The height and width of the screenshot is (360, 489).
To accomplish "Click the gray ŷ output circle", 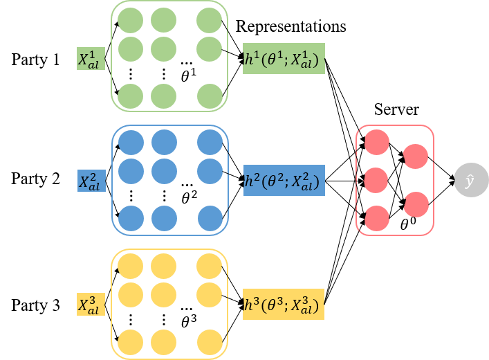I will click(x=470, y=181).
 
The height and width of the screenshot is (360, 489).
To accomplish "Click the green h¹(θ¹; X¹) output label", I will click(x=283, y=60).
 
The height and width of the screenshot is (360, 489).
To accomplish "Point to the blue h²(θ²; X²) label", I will click(x=283, y=182).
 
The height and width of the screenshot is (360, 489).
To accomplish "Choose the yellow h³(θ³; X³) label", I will click(x=283, y=305).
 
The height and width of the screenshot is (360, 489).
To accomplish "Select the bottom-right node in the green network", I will click(x=210, y=96).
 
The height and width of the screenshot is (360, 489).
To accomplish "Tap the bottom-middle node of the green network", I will click(x=163, y=96).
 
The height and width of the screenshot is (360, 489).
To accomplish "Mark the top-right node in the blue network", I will click(x=210, y=143).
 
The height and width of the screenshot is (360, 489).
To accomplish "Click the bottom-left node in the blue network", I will click(x=131, y=218).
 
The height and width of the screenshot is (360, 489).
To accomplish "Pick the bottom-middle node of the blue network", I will click(x=163, y=218).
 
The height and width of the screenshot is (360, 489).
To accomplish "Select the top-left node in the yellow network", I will click(x=131, y=267).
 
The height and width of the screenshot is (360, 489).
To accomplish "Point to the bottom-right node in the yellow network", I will click(x=210, y=342).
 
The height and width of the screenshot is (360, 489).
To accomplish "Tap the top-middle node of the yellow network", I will click(x=163, y=267).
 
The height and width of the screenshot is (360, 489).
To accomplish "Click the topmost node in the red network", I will click(x=377, y=143).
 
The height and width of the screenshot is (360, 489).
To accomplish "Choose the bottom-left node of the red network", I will click(x=377, y=218).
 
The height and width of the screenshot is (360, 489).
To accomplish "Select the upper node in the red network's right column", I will click(x=416, y=156).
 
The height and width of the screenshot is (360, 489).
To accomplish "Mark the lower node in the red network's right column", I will click(x=416, y=204).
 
